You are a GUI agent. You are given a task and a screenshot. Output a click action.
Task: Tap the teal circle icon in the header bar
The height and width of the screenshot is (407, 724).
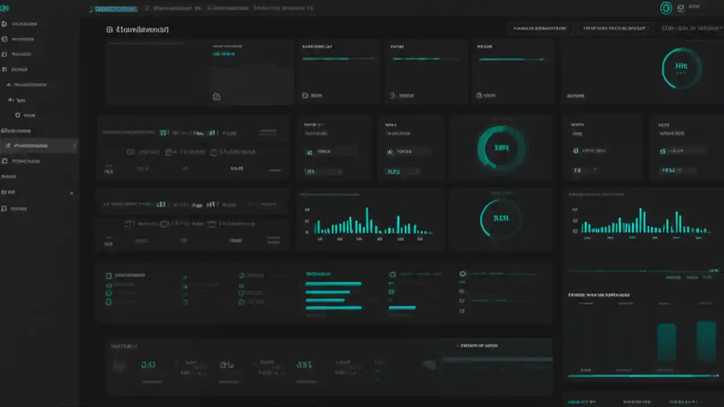666,8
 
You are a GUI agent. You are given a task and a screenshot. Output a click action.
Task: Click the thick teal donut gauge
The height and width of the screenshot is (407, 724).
501,148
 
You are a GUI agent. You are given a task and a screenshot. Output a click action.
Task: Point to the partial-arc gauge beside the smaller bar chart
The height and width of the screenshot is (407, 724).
500,218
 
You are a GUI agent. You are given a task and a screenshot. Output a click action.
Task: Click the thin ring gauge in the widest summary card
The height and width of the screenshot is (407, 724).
682,67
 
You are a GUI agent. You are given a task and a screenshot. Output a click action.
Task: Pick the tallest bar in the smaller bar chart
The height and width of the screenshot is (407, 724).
367,220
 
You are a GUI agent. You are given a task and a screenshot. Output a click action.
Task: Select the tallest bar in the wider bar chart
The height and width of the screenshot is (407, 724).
641,220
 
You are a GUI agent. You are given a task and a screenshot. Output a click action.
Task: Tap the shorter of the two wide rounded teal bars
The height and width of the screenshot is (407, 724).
666,343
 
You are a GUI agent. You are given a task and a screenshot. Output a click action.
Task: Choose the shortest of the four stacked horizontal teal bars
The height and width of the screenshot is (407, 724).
325,300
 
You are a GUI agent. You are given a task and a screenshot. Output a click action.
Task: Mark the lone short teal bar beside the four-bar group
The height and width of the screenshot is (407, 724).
402,308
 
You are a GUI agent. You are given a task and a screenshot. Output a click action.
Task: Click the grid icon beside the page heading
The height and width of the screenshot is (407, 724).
109,29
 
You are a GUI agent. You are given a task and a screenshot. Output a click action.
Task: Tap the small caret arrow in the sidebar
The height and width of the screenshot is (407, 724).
71,193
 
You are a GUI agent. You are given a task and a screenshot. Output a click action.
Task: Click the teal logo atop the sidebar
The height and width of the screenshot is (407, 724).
6,8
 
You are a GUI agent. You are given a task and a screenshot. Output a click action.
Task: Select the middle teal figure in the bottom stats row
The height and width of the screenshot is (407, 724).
227,365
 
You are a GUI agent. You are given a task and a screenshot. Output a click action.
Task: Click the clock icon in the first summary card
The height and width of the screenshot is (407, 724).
216,97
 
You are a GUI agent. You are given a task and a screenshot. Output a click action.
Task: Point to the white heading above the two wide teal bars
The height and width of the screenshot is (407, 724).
598,295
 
